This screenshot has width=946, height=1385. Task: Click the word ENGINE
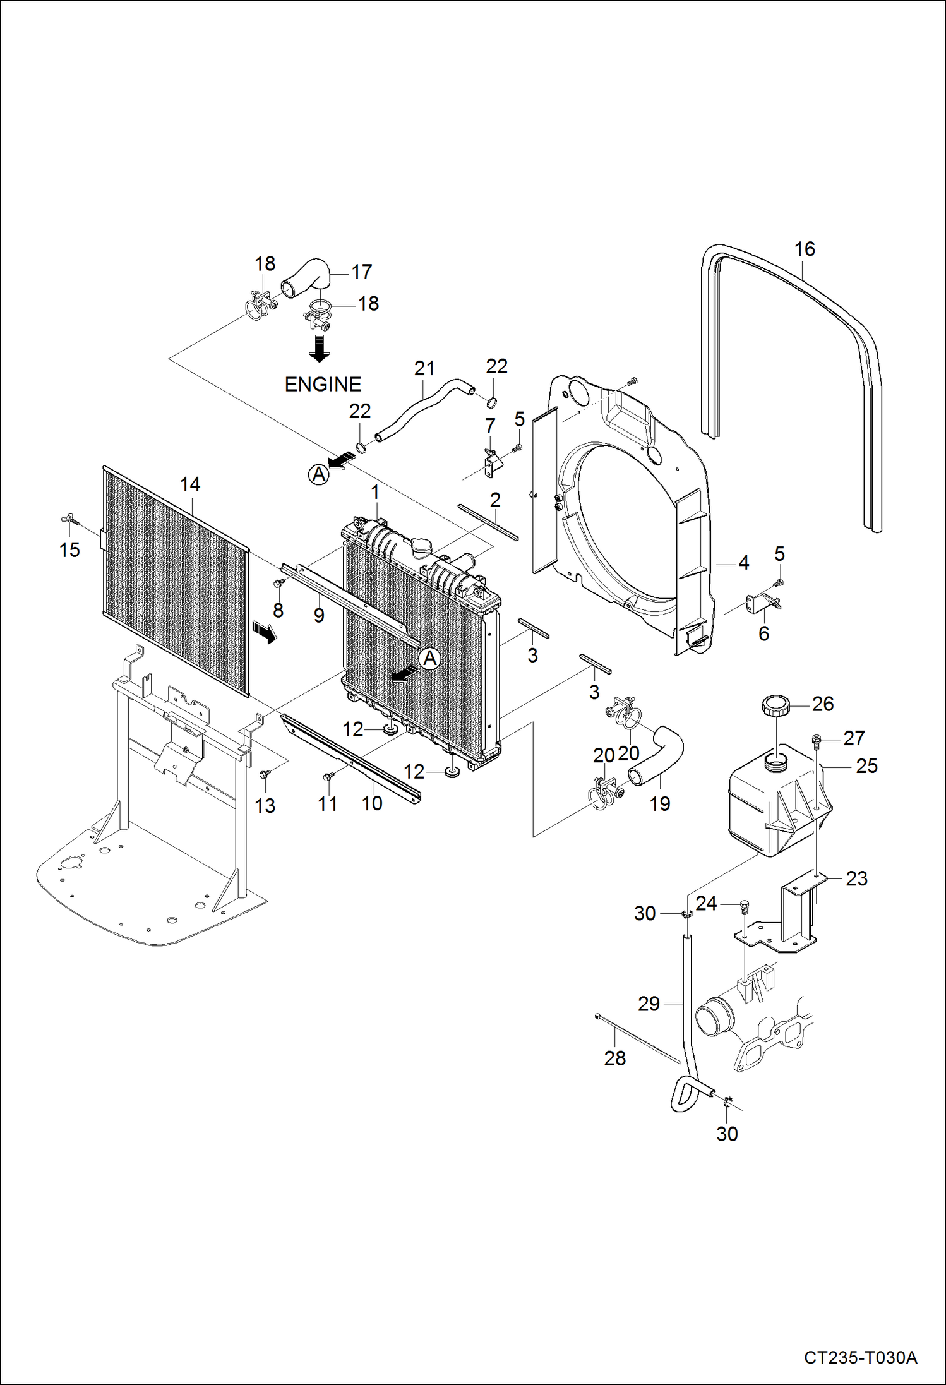323,384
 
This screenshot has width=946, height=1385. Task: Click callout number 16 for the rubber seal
805,249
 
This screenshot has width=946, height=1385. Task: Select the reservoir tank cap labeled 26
776,704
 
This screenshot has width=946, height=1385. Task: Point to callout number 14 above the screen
190,484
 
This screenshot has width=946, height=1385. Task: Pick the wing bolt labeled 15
70,520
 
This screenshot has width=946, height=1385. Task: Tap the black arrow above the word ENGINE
320,348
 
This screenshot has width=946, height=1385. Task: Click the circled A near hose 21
319,474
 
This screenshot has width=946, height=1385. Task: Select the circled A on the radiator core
430,659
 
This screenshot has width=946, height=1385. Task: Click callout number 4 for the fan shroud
744,562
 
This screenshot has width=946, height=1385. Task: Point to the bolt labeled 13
265,773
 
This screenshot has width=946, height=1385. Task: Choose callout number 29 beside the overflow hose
649,1004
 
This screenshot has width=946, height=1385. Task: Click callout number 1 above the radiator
375,491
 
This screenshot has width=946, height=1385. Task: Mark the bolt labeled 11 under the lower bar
328,776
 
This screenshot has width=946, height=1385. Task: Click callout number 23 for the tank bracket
857,878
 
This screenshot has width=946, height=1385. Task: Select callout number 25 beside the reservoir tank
867,766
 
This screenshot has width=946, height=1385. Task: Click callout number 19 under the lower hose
660,804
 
